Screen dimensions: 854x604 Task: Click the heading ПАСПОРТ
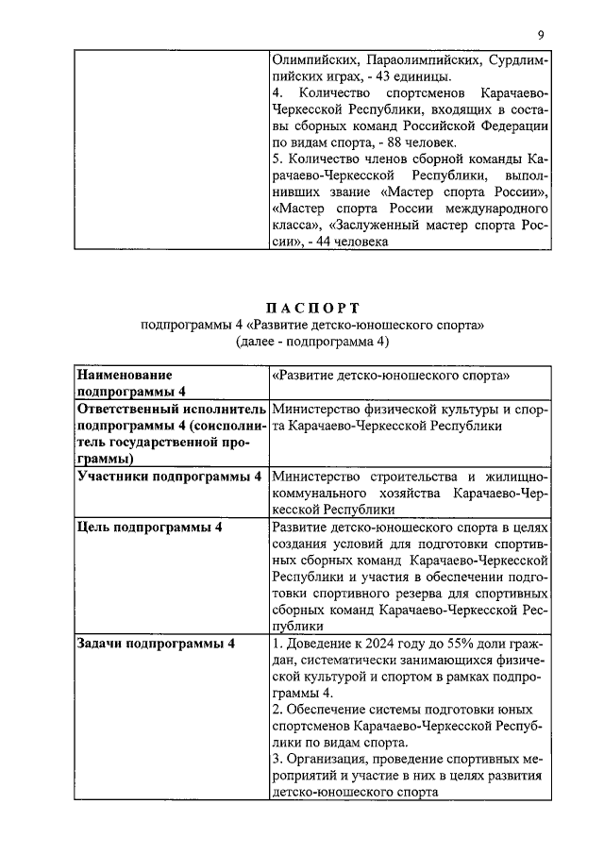312,308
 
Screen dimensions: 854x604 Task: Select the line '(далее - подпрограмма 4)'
312,342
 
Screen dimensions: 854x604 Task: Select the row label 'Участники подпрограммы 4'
169,476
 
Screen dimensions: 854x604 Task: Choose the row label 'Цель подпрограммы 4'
150,527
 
